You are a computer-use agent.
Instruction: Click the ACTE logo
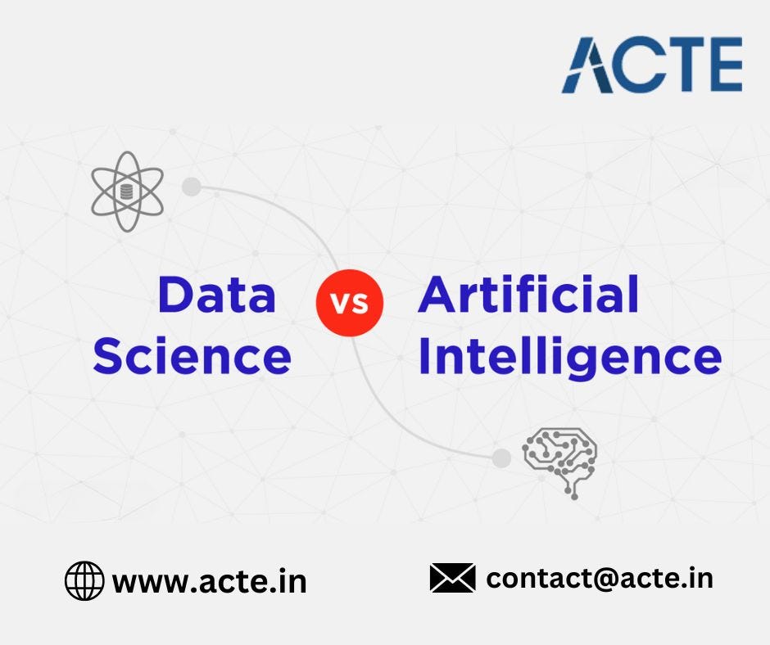pyautogui.click(x=652, y=65)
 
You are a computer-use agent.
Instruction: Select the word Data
pyautogui.click(x=217, y=295)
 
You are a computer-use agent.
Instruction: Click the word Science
pyautogui.click(x=192, y=356)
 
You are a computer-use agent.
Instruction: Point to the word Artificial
pyautogui.click(x=528, y=295)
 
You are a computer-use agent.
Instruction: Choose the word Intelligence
pyautogui.click(x=570, y=358)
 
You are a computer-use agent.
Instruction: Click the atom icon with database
pyautogui.click(x=126, y=192)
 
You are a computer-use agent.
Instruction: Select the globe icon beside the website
pyautogui.click(x=84, y=581)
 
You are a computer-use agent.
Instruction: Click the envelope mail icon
pyautogui.click(x=452, y=578)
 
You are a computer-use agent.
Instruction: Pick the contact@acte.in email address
pyautogui.click(x=600, y=578)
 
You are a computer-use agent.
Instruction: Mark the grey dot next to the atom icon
pyautogui.click(x=192, y=187)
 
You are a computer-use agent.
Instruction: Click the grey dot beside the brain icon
pyautogui.click(x=501, y=458)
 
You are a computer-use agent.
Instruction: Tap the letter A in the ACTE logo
pyautogui.click(x=589, y=65)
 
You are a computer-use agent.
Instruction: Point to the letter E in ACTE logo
pyautogui.click(x=722, y=65)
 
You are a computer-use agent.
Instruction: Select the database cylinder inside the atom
pyautogui.click(x=126, y=192)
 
